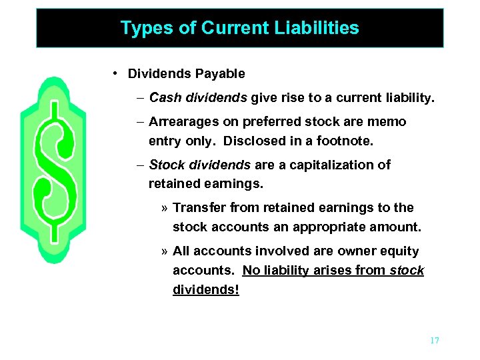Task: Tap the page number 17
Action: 434,341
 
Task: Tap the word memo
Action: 390,122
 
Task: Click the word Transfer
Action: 195,207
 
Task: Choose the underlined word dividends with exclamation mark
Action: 205,290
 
